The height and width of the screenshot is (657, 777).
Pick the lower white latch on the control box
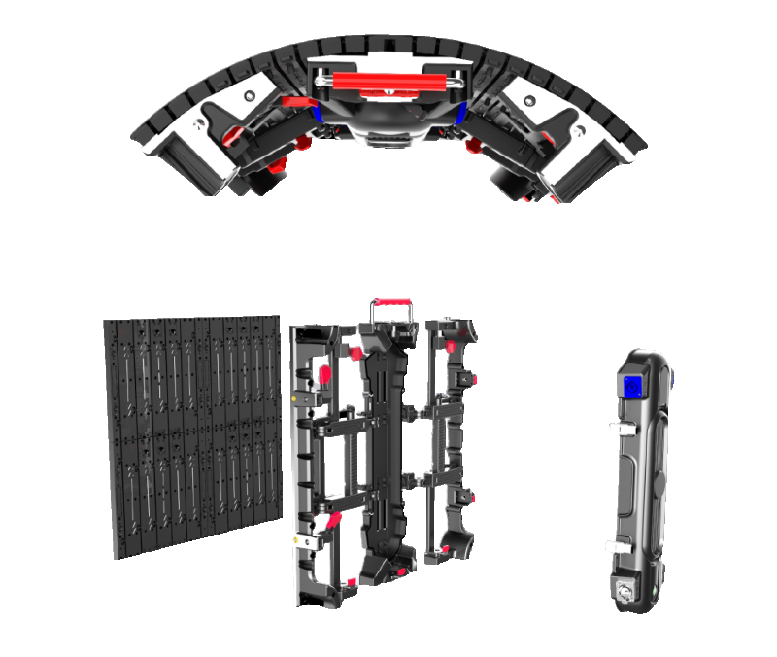(616, 546)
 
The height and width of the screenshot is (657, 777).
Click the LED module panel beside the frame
(190, 432)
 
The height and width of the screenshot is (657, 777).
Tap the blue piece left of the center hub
(318, 109)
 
